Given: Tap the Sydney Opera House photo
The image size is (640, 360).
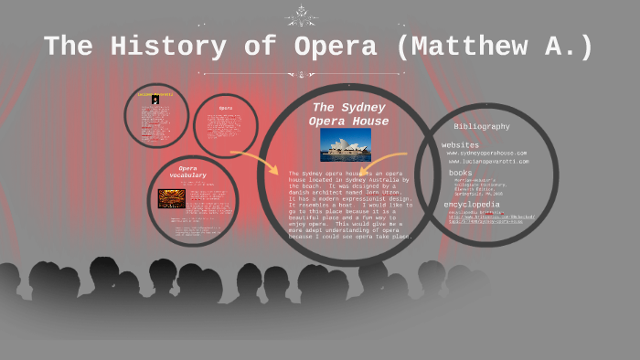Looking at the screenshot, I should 346,143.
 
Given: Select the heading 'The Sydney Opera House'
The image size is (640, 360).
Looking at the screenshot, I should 348,114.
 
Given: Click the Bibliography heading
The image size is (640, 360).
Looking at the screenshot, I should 482,126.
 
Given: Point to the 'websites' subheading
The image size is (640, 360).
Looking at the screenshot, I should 460,144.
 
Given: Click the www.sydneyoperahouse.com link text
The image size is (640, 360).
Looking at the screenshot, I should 486,154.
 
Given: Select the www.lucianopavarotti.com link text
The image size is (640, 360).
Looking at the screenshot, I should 488,162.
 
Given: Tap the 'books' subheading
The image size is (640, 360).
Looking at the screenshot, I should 460,172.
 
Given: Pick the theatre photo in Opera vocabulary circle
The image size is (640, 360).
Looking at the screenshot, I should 171,197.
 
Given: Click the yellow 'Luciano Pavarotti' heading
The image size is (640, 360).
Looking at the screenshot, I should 155,94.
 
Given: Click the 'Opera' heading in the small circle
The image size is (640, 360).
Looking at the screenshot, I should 225,108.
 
